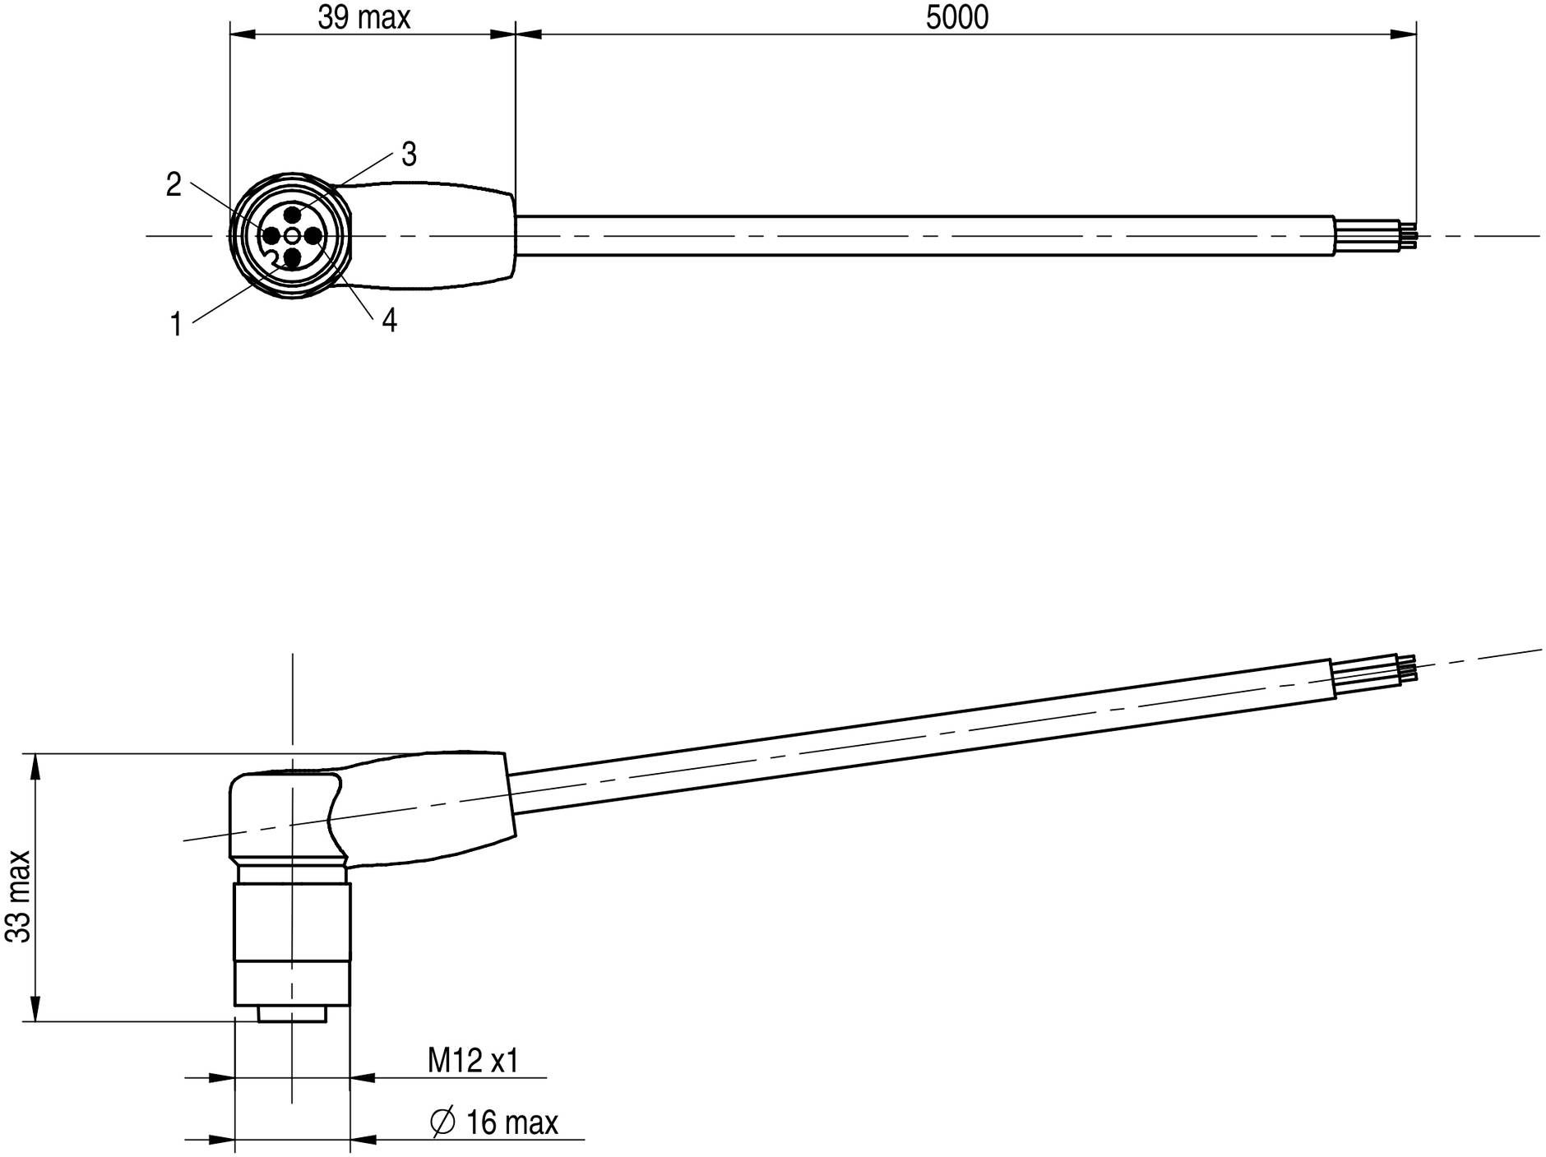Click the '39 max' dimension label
pyautogui.click(x=363, y=17)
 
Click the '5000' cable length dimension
pyautogui.click(x=957, y=17)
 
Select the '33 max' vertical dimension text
pyautogui.click(x=18, y=896)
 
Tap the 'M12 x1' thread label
pyautogui.click(x=473, y=1061)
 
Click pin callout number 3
pyautogui.click(x=409, y=154)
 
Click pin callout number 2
pyautogui.click(x=174, y=185)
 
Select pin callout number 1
pyautogui.click(x=176, y=325)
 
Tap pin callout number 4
pyautogui.click(x=389, y=321)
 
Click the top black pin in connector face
pyautogui.click(x=291, y=213)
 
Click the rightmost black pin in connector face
pyautogui.click(x=313, y=236)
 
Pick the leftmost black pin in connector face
pyautogui.click(x=271, y=236)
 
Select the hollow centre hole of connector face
pyautogui.click(x=292, y=236)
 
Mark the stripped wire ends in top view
pyautogui.click(x=1375, y=234)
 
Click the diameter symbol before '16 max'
pyautogui.click(x=442, y=1122)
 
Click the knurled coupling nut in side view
pyautogui.click(x=292, y=922)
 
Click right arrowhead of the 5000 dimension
pyautogui.click(x=1403, y=35)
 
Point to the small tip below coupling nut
pyautogui.click(x=292, y=1014)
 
